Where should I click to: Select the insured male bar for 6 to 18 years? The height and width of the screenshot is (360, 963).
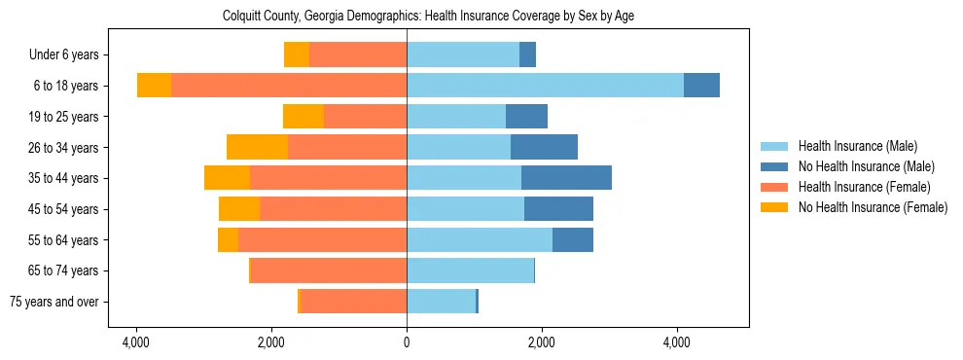click(545, 85)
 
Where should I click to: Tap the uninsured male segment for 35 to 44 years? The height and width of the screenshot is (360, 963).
click(566, 177)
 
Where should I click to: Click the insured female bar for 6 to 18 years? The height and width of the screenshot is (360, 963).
click(289, 85)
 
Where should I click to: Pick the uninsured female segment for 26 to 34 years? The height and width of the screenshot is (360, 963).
click(257, 147)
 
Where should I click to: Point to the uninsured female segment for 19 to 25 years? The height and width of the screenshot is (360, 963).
click(303, 116)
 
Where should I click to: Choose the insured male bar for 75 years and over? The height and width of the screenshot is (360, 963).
click(441, 301)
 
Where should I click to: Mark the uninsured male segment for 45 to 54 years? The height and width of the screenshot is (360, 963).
click(558, 208)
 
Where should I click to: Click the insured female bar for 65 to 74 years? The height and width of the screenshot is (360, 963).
click(329, 270)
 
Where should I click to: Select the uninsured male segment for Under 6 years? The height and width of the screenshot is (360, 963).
click(527, 54)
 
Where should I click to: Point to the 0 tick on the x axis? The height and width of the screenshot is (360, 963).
click(407, 342)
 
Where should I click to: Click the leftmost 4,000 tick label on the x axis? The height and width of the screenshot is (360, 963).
click(136, 342)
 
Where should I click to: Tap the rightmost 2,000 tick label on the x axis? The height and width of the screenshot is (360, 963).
click(542, 342)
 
